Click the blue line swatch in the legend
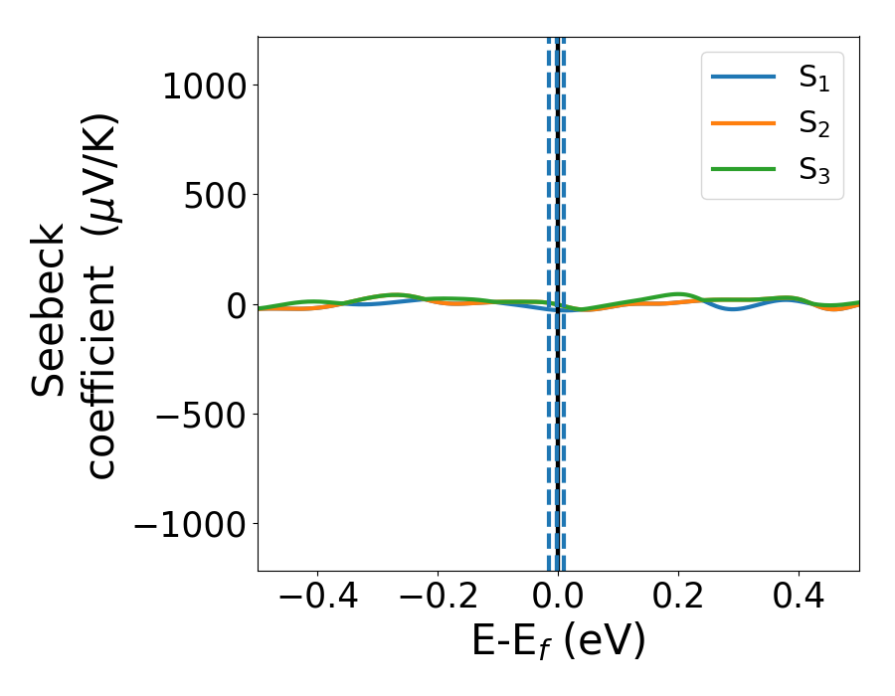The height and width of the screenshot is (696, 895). coord(743,78)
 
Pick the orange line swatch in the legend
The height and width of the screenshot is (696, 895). coord(743,122)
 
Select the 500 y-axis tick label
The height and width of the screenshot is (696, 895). coord(217,195)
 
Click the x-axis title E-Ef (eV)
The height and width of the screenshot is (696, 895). coord(558,641)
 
